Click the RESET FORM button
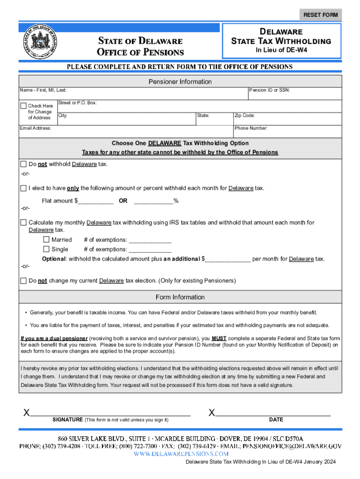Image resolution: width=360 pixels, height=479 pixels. [x=320, y=15]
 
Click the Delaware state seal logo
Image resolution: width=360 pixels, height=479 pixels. [x=40, y=41]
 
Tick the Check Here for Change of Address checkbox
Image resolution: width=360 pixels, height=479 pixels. [x=23, y=106]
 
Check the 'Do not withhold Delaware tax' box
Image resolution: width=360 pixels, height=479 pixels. [x=23, y=164]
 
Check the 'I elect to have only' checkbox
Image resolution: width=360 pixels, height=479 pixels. [x=23, y=188]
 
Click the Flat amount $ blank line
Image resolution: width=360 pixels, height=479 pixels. [x=96, y=201]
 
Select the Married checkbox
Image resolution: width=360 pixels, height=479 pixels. [x=46, y=239]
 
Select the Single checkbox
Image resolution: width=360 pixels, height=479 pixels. [x=46, y=249]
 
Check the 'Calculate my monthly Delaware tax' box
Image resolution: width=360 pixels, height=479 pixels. [x=23, y=222]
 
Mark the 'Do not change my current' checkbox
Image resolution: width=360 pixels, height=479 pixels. [x=23, y=281]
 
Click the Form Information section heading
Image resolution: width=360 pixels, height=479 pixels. [x=180, y=297]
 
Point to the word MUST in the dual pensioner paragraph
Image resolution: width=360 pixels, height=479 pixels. [x=219, y=338]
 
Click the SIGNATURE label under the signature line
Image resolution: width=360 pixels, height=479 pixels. [x=67, y=420]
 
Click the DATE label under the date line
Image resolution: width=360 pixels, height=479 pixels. [x=276, y=420]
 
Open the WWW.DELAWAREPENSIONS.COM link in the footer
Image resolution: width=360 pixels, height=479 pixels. [x=180, y=454]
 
